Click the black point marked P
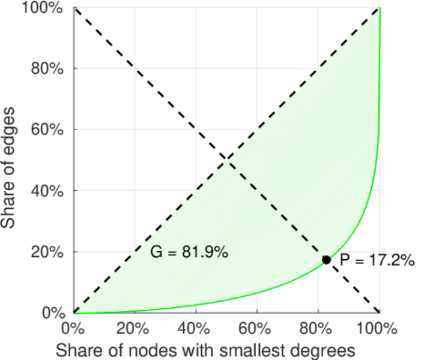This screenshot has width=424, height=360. [x=327, y=260]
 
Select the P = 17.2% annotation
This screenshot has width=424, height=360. [x=377, y=260]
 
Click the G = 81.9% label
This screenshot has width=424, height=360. [x=189, y=253]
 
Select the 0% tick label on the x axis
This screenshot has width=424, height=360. [x=74, y=329]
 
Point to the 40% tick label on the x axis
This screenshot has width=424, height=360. [x=195, y=329]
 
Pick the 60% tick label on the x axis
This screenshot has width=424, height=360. [x=256, y=329]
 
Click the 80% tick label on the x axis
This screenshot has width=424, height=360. [x=318, y=329]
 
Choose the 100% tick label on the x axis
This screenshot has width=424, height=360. [x=378, y=329]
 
